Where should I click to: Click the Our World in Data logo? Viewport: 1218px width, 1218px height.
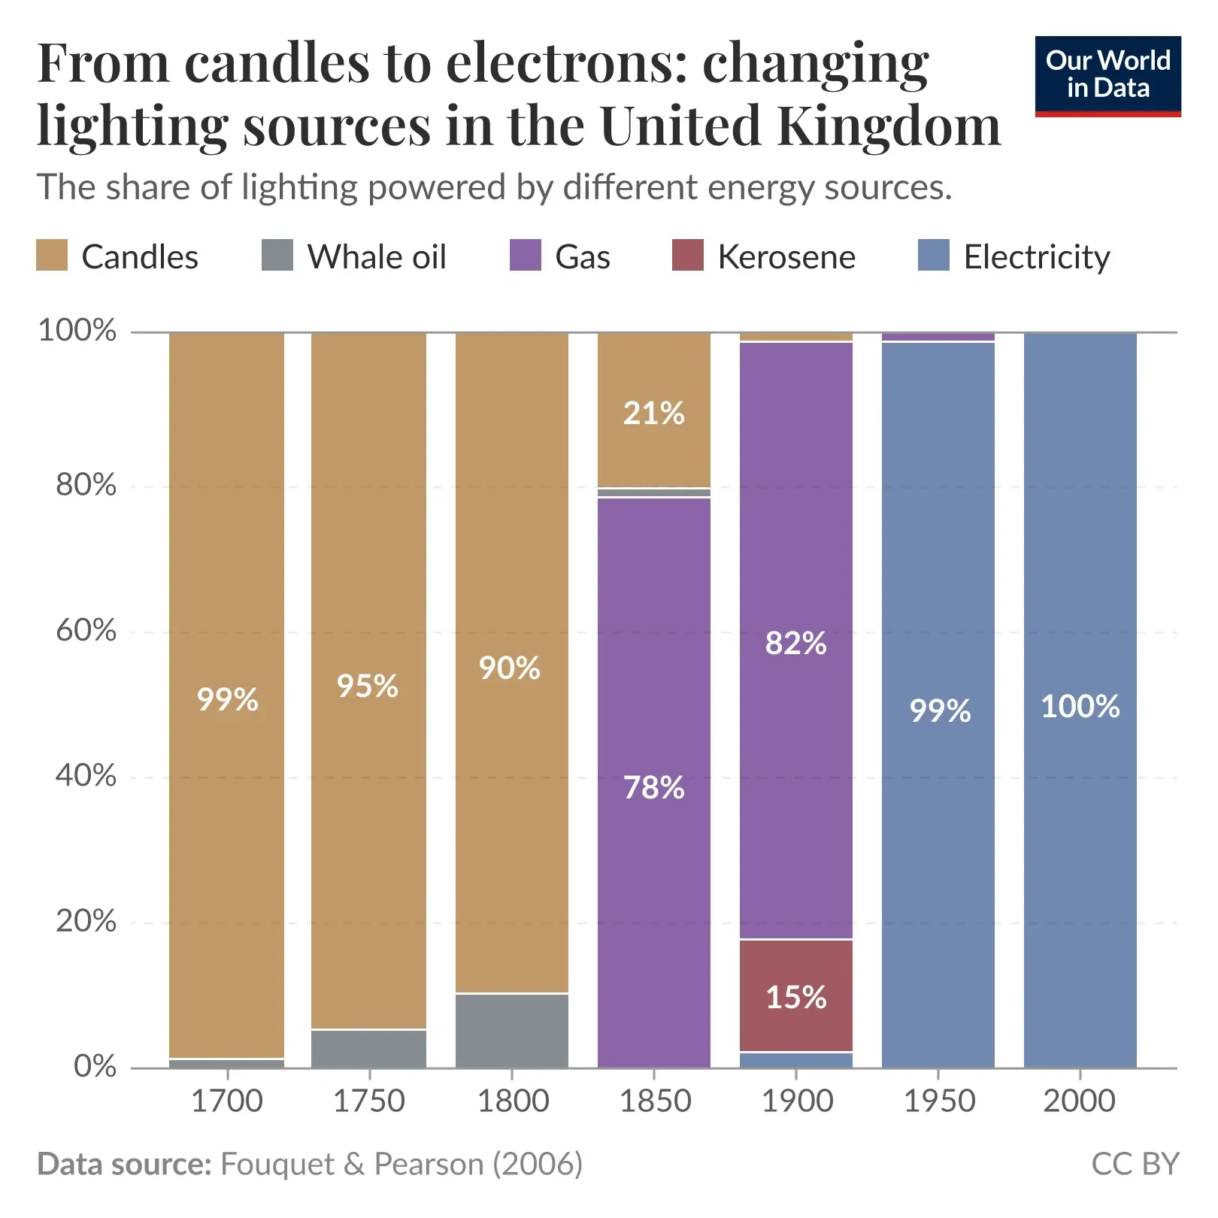click(1107, 75)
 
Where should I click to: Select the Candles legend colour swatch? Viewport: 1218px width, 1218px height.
click(52, 256)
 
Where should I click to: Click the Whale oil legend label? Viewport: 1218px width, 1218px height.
click(376, 257)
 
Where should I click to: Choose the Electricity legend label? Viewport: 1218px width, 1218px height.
click(1036, 257)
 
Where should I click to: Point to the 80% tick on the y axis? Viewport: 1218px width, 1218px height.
click(86, 485)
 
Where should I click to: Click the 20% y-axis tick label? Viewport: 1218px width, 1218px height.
click(86, 921)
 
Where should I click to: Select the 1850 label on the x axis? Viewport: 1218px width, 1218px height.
click(654, 1101)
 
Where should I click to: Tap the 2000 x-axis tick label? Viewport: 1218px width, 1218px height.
click(1079, 1101)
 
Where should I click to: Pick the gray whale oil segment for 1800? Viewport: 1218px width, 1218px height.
click(511, 1030)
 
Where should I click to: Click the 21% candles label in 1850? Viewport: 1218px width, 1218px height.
click(653, 413)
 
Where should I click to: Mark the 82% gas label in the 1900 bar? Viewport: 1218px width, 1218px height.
click(795, 643)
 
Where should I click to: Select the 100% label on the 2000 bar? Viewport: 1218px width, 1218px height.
click(1080, 706)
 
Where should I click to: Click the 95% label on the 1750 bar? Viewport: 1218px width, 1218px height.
click(367, 686)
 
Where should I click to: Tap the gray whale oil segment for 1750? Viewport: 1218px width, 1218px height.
click(368, 1049)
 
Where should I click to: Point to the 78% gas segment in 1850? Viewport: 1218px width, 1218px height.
click(653, 787)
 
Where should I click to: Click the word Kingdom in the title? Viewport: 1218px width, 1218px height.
click(889, 126)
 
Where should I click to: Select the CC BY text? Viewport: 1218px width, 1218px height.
click(1134, 1164)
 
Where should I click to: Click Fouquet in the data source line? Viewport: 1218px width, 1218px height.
click(277, 1164)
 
